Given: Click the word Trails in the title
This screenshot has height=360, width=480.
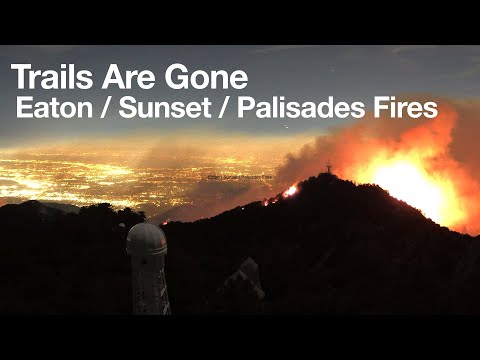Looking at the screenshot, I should [x=51, y=77].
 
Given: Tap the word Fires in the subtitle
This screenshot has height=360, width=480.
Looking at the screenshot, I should [x=407, y=108].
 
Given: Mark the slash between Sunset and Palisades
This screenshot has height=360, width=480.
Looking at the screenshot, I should [x=221, y=108].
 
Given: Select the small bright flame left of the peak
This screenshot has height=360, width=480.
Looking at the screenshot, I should [x=291, y=190].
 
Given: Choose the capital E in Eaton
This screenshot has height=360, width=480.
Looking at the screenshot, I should [x=23, y=108].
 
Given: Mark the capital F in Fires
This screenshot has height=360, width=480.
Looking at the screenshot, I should [x=381, y=108].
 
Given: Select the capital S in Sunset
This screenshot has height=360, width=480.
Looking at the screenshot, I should [x=125, y=108].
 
